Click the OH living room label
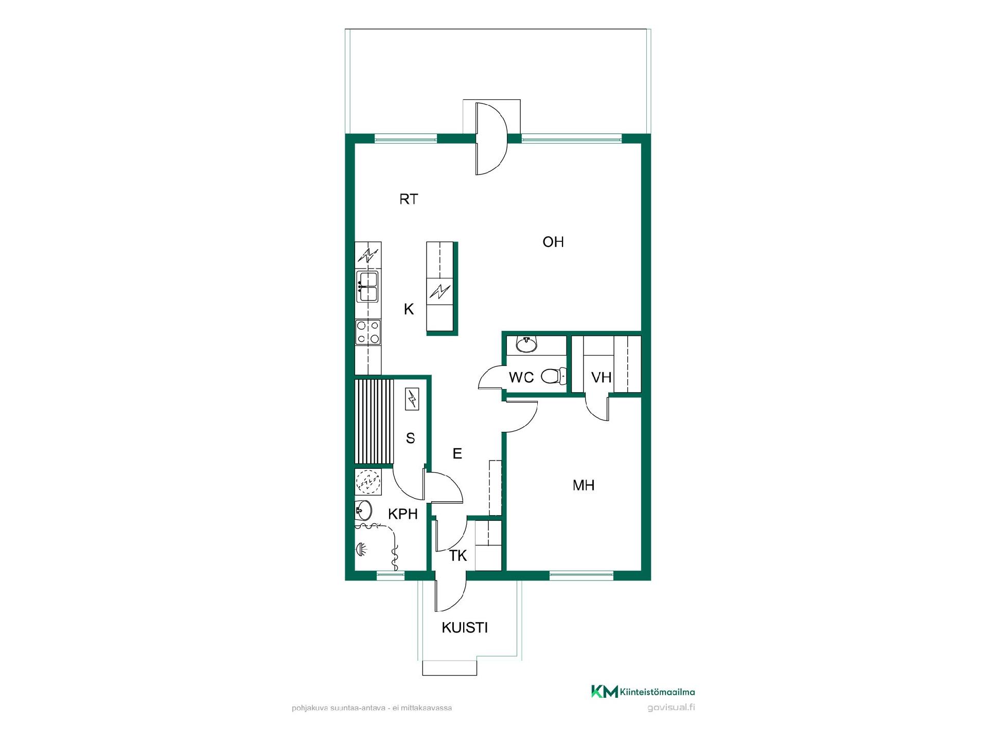pyautogui.click(x=553, y=242)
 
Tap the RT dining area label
pyautogui.click(x=409, y=199)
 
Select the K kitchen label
pyautogui.click(x=409, y=309)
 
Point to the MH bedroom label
pyautogui.click(x=584, y=485)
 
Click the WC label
pyautogui.click(x=521, y=377)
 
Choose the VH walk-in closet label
pyautogui.click(x=601, y=377)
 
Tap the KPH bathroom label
pyautogui.click(x=403, y=514)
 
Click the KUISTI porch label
pyautogui.click(x=465, y=627)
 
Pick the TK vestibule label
pyautogui.click(x=458, y=556)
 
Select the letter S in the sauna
pyautogui.click(x=410, y=438)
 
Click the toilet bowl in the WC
pyautogui.click(x=553, y=377)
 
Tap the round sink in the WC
pyautogui.click(x=526, y=344)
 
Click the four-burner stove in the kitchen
pyautogui.click(x=368, y=332)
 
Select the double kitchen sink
pyautogui.click(x=367, y=287)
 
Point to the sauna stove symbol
pyautogui.click(x=412, y=399)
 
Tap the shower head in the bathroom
pyautogui.click(x=362, y=549)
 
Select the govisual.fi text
pyautogui.click(x=671, y=707)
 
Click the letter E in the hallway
pyautogui.click(x=457, y=453)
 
